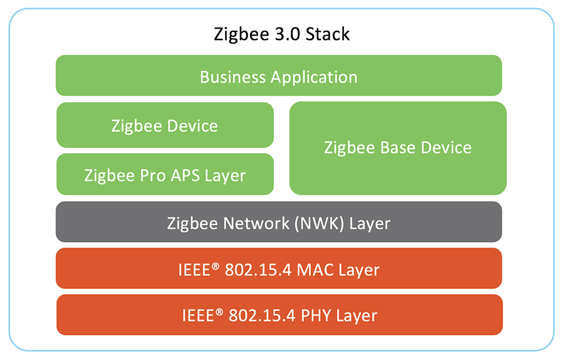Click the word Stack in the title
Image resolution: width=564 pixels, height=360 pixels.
328,34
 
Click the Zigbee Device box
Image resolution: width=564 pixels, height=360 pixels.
165,125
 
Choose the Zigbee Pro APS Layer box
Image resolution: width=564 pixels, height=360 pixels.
165,175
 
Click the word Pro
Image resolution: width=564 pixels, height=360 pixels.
153,176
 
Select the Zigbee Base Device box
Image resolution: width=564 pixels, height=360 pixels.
397,148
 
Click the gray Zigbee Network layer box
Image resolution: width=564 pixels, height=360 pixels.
278,223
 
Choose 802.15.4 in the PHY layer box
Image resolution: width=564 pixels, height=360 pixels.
261,315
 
